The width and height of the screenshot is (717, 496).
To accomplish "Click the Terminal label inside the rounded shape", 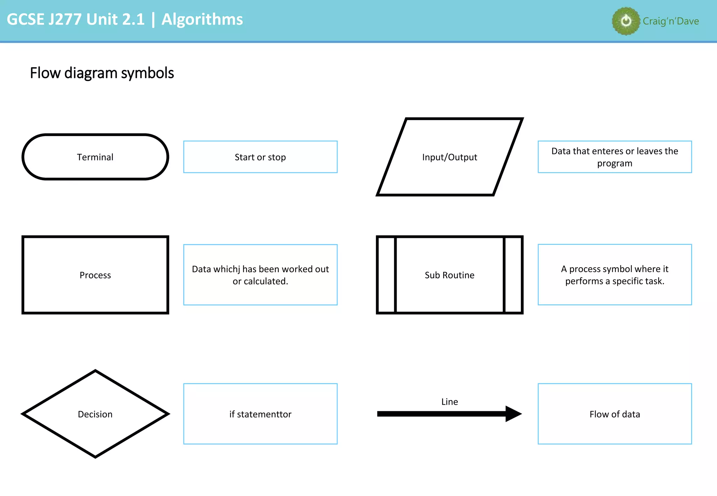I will (x=95, y=157).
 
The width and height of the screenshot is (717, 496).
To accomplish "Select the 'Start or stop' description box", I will (x=260, y=157).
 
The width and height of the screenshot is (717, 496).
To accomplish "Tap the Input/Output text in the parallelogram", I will (x=450, y=157).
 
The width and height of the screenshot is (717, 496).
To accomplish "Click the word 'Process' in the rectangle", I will (x=95, y=275).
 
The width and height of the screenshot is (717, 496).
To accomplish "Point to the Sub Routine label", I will (x=450, y=275).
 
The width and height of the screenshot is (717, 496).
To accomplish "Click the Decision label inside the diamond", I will (x=95, y=414).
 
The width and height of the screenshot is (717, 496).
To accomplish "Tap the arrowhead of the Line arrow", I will (x=513, y=414).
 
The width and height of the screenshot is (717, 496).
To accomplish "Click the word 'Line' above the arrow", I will (x=450, y=402).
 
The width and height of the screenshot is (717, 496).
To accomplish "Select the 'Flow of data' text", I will (x=614, y=414).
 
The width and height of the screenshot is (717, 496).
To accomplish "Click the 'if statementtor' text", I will (x=260, y=414).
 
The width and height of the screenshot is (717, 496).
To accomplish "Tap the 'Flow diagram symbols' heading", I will (x=102, y=73).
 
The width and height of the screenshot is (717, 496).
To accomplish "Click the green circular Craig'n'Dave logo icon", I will (x=626, y=21).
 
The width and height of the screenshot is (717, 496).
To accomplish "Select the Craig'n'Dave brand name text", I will (x=670, y=21).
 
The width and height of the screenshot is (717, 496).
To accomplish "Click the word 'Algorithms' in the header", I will (x=202, y=19).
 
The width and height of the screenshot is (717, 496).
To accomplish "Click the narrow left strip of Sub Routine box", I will (x=387, y=275).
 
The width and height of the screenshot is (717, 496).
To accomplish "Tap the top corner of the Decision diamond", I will (x=95, y=371).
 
